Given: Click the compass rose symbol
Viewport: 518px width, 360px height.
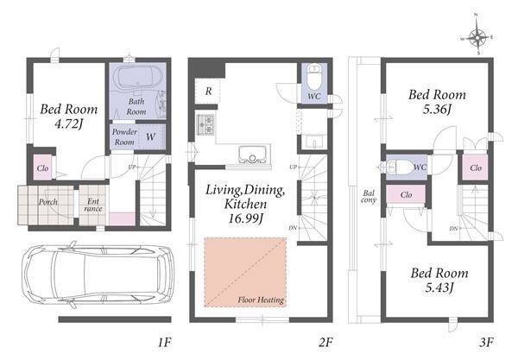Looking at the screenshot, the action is [x=477, y=38].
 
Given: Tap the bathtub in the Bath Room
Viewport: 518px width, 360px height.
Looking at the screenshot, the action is [x=137, y=78].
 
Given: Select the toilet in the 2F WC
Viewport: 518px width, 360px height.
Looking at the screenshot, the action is [x=314, y=77].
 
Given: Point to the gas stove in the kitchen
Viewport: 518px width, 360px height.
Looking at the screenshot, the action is [x=205, y=124].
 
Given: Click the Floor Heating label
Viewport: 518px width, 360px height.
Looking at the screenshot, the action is [x=261, y=300].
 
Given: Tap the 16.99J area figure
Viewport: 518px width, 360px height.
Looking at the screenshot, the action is [x=245, y=218].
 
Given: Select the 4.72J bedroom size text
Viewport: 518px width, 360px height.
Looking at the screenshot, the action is [x=69, y=124].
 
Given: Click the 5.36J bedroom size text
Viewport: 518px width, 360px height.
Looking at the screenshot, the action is [x=437, y=110].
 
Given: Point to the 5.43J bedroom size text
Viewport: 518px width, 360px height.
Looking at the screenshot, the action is [x=439, y=287].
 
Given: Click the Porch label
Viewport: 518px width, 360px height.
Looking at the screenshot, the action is [x=48, y=202].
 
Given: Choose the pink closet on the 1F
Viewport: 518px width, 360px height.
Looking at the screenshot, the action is [x=42, y=167].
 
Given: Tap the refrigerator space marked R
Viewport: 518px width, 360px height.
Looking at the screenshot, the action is [x=208, y=92].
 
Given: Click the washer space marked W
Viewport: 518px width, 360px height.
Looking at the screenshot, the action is [x=150, y=136].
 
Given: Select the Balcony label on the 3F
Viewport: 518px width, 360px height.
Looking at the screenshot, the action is [x=369, y=197].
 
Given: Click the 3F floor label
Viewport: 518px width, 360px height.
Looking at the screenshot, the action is [x=486, y=342].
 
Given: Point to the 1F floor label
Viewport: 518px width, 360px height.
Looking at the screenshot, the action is [x=164, y=342].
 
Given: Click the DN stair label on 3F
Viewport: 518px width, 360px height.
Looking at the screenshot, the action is [x=453, y=229].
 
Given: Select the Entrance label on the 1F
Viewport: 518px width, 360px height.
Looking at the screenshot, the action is [x=93, y=205].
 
